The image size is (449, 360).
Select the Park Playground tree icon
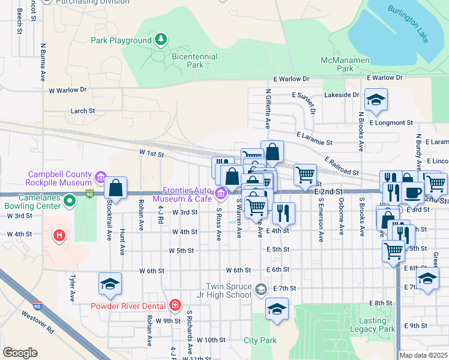point(160,40)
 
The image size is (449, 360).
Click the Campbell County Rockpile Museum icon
point(100,177)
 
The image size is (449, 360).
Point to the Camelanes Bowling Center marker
point(70,200)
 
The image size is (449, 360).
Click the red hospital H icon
point(59,236)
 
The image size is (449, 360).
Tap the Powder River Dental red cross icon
point(174,305)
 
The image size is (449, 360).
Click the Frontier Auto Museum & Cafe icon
point(220,193)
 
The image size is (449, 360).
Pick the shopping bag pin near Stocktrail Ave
point(116,187)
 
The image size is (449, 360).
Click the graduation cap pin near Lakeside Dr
point(376,100)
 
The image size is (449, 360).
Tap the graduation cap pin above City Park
point(277,309)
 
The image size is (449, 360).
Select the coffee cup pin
point(412,192)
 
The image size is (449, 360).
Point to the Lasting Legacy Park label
point(373,325)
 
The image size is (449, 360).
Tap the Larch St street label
point(83,111)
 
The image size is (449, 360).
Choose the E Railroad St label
point(341,167)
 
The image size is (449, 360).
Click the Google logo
point(20,353)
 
